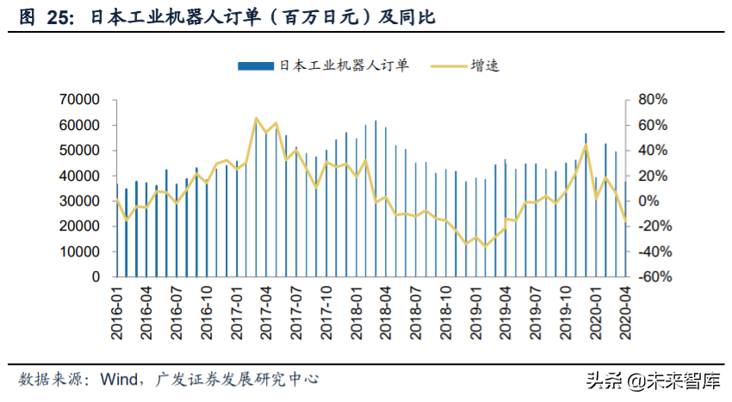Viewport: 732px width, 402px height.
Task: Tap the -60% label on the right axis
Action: (648, 277)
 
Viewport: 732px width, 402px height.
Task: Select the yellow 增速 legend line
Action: (445, 65)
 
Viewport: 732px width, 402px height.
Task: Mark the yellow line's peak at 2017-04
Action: (257, 119)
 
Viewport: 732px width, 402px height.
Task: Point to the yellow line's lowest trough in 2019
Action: (486, 246)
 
